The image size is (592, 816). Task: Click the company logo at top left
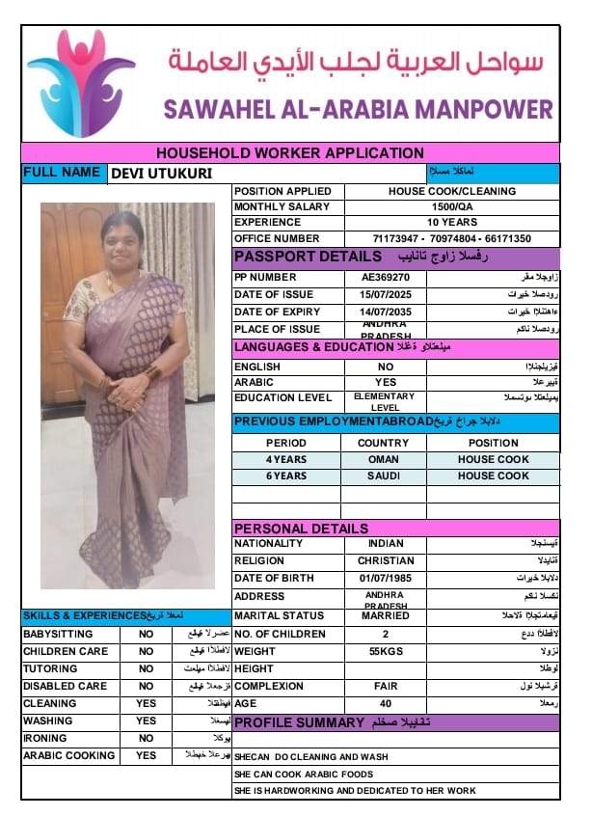(81, 83)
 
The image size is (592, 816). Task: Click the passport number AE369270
(386, 277)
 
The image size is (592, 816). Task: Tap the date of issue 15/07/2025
(386, 294)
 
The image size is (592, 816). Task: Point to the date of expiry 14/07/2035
(386, 313)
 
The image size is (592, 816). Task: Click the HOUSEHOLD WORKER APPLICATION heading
(289, 152)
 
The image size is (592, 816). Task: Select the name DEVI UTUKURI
(162, 174)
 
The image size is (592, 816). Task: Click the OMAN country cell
(383, 459)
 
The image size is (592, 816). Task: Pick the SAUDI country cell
(383, 476)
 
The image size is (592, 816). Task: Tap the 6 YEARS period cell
(285, 476)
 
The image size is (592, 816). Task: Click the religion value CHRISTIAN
(386, 560)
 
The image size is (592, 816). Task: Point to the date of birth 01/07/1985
(386, 578)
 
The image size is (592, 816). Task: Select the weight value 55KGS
(386, 652)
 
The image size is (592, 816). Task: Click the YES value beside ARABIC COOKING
(146, 755)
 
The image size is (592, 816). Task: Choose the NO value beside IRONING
(146, 738)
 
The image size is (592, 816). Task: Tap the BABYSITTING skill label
(58, 635)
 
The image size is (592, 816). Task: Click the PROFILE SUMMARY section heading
(299, 722)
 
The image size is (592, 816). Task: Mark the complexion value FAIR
(386, 686)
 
